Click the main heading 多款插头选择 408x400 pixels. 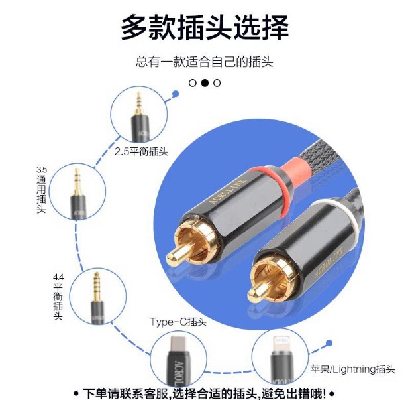[204, 28]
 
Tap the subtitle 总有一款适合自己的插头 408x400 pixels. [204, 62]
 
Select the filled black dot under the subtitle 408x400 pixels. [205, 83]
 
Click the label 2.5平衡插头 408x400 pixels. [141, 151]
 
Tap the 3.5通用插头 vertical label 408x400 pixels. [41, 189]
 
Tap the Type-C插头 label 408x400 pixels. [178, 322]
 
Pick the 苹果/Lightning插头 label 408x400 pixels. [352, 369]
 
